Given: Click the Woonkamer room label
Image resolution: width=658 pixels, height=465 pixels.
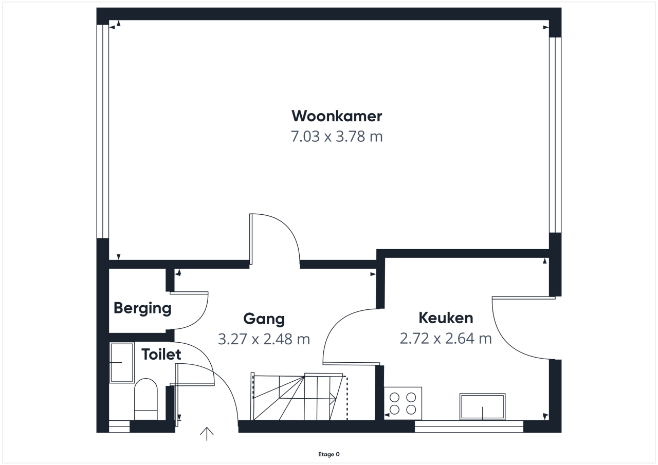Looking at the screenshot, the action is pos(337,116).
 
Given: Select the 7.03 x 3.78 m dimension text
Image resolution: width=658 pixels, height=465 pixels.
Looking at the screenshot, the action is pos(337,137).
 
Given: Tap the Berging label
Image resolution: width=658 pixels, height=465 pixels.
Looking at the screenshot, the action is pos(142,308).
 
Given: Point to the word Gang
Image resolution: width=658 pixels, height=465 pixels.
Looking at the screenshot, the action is pos(264,319).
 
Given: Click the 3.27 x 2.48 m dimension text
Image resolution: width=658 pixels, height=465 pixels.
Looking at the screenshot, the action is pos(264,339).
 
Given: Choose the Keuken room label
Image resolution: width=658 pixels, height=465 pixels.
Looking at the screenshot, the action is pos(446,318).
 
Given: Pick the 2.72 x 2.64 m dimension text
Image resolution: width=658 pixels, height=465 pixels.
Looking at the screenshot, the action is pos(446,339).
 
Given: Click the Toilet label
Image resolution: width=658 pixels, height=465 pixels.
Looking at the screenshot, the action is pos(161,355).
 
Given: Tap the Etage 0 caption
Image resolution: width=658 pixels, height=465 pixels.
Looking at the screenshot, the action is pos(328,454).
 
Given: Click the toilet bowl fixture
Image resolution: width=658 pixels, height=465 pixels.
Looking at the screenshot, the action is pos(145,399).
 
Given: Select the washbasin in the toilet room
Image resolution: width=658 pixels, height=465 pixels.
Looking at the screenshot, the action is pos(122,363).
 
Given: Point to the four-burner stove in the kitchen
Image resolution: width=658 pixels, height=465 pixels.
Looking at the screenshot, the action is pos(403,403).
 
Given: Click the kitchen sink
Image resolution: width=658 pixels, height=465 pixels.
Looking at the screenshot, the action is pos(482,407).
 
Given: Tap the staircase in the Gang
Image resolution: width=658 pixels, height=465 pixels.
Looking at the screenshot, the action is pos(299,397).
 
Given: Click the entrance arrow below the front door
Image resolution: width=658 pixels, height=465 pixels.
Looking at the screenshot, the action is pos(207,434).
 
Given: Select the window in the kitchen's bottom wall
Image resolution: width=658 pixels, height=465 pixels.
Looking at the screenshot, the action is pos(469,426).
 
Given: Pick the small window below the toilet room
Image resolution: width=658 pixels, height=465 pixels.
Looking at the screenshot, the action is pos(119,426).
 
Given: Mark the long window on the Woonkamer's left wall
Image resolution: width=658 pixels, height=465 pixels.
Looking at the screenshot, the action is pos(103,131).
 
